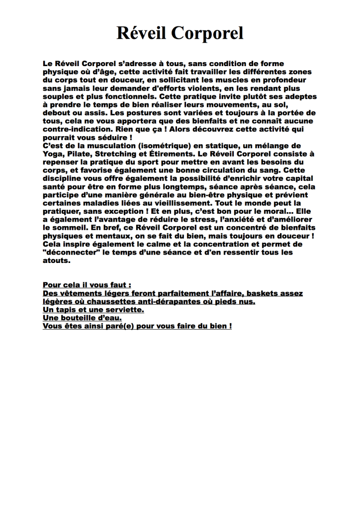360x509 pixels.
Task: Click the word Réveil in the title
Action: (x=142, y=33)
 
